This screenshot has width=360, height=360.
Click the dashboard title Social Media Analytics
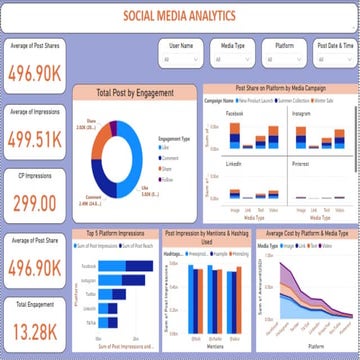[x=181, y=16]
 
